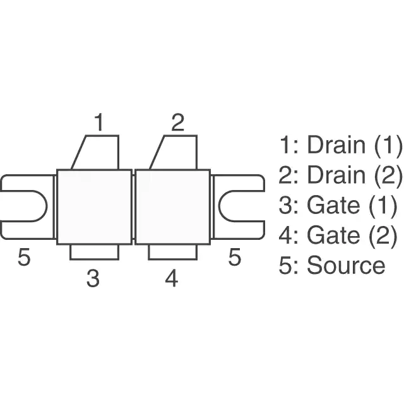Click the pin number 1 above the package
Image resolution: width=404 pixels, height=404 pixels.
click(99, 122)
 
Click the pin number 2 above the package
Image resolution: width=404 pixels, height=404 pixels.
click(178, 122)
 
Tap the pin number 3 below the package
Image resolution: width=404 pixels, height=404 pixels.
click(93, 278)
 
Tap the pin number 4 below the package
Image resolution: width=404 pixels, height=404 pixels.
click(172, 278)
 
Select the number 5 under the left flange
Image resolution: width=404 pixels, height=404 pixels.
click(24, 257)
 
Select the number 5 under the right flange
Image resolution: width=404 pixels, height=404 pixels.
click(235, 257)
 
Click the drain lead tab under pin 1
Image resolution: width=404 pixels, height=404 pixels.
click(98, 152)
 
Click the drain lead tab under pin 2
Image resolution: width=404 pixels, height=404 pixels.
click(177, 152)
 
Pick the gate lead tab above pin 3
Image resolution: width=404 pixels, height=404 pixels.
click(94, 252)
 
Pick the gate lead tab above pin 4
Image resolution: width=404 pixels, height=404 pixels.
click(173, 252)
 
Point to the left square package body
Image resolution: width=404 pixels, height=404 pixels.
click(94, 207)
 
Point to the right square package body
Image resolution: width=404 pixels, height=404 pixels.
click(173, 207)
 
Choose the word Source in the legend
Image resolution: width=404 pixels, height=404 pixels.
click(346, 265)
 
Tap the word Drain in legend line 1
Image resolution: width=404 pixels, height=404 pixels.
click(336, 145)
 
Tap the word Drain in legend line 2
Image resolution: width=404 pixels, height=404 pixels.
click(336, 175)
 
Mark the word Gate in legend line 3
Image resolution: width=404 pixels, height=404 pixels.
click(333, 205)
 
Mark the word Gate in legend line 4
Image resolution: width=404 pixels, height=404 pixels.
click(333, 235)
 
